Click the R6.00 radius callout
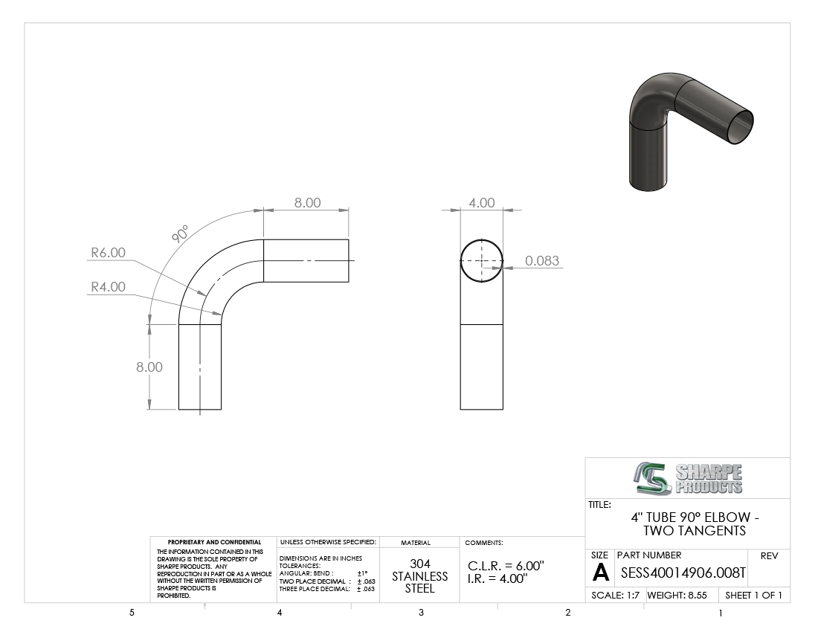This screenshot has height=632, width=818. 108,252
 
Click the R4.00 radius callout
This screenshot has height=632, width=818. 108,287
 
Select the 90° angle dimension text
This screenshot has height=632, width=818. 180,233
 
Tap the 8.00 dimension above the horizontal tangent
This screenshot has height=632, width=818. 307,203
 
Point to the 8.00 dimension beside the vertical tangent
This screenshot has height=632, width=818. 149,367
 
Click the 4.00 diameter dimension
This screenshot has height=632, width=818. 482,203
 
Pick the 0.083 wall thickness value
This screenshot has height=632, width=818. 542,261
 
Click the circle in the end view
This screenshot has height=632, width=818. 482,239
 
